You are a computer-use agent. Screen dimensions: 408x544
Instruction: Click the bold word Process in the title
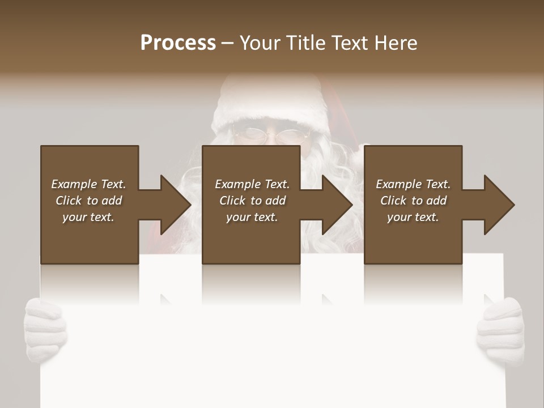coord(178,43)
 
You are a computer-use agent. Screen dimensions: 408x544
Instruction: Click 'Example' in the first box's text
coord(74,184)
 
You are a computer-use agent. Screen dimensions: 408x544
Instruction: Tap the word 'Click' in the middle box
coord(232,201)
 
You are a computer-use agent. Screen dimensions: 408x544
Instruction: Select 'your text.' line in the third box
coord(413,217)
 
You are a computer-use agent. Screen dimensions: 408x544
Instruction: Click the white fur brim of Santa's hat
coord(266,102)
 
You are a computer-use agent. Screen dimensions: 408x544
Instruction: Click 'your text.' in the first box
coord(88,217)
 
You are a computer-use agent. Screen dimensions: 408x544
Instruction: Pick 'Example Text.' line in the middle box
coord(252,184)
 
